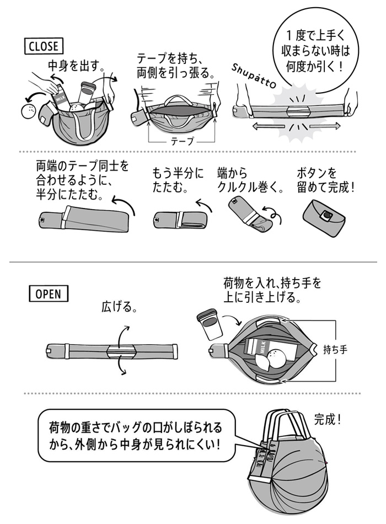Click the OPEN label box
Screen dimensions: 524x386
coord(49,293)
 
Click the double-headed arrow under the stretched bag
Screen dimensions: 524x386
coord(291,126)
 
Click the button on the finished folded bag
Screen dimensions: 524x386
coord(328,214)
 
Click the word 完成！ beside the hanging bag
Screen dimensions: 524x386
coord(328,419)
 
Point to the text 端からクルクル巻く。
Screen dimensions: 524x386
coord(250,180)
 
